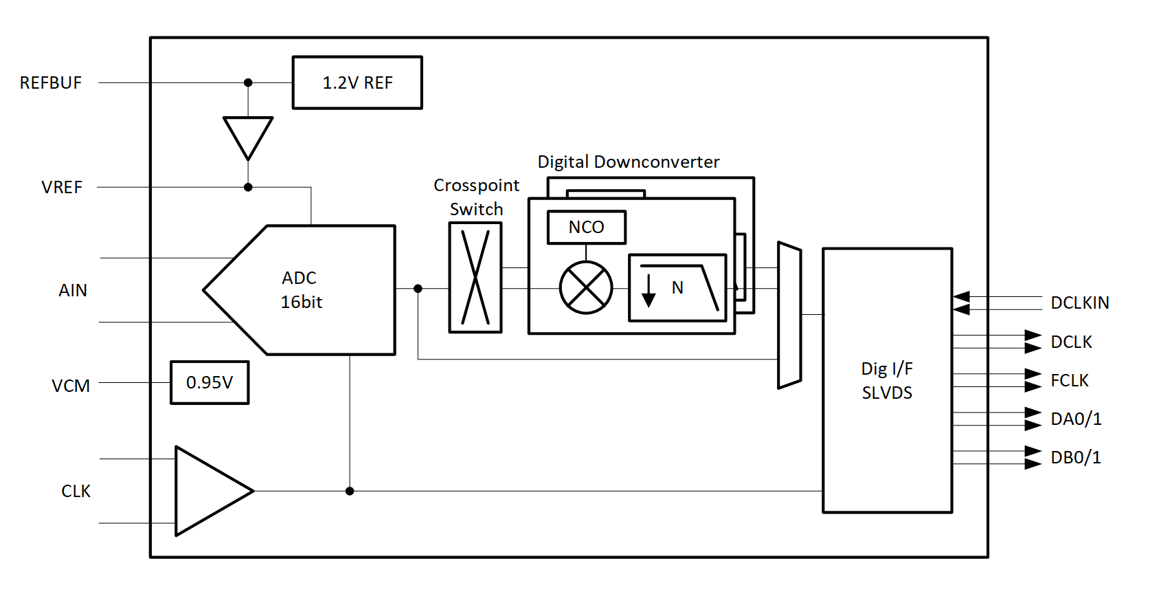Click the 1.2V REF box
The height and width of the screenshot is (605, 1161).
point(357,82)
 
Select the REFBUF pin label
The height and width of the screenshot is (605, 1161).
point(51,83)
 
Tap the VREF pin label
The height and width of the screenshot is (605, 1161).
point(62,188)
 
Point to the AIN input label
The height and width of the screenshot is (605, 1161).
point(73,291)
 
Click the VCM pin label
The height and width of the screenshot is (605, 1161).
point(71,386)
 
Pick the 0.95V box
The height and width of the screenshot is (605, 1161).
point(210,382)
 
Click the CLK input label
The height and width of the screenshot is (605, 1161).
point(76,492)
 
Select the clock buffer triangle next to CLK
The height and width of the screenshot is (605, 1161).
point(206,491)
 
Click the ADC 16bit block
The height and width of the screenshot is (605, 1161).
point(309,289)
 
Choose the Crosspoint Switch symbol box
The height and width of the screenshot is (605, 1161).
point(475,277)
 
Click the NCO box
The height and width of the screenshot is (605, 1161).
point(587,227)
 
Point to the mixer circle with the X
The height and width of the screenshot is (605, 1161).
point(586,287)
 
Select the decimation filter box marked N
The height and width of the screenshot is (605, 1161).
point(677,287)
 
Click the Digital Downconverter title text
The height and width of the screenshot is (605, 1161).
point(628,162)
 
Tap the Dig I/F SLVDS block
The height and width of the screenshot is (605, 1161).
point(887,380)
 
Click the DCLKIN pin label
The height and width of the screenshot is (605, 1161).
point(1080,303)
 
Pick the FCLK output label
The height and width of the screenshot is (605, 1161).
point(1070,381)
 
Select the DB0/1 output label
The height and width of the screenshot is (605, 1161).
point(1076,458)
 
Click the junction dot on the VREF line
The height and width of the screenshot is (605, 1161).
point(248,187)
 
